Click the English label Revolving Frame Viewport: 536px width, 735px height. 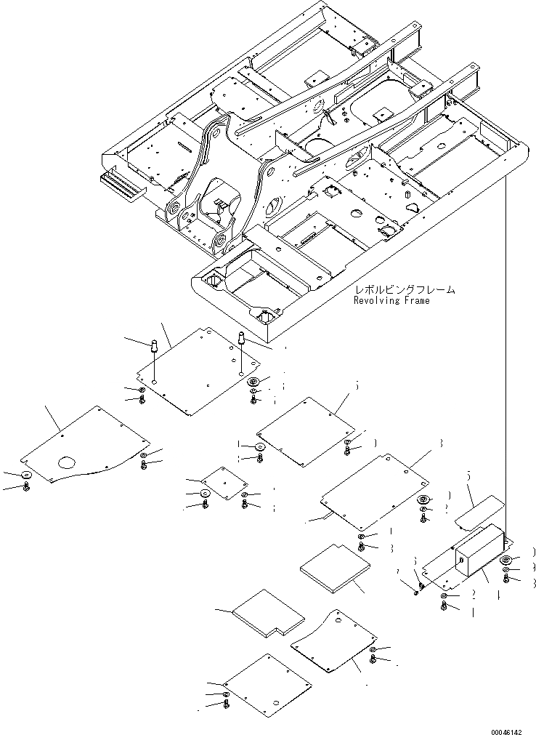pyautogui.click(x=391, y=300)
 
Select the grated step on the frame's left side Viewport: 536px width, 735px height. pyautogui.click(x=122, y=187)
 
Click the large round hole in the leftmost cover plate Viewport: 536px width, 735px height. pyautogui.click(x=68, y=462)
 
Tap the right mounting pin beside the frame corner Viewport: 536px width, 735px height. pyautogui.click(x=240, y=339)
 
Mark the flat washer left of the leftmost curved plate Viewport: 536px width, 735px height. pyautogui.click(x=26, y=475)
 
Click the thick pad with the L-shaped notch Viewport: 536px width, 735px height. pyautogui.click(x=269, y=612)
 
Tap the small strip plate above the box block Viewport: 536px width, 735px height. pyautogui.click(x=479, y=510)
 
